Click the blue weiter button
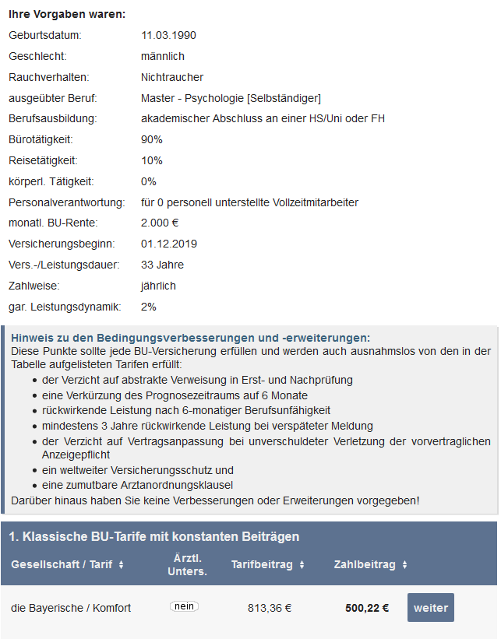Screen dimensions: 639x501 click(430, 608)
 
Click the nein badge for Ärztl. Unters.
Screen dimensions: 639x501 click(184, 606)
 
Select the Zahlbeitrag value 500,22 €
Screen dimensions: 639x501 click(367, 608)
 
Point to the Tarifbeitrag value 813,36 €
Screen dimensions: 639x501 click(270, 608)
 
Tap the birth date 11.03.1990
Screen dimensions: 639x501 click(169, 35)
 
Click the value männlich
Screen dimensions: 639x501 click(163, 56)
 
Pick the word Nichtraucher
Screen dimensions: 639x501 click(172, 77)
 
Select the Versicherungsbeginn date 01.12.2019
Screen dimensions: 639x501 click(169, 244)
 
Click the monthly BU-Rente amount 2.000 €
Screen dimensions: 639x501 click(160, 223)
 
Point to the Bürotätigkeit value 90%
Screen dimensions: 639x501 click(152, 139)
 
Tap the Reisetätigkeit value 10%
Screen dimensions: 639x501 click(152, 160)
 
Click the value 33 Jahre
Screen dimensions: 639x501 click(163, 265)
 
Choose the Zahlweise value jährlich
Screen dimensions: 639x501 click(158, 286)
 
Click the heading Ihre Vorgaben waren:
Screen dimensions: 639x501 click(67, 14)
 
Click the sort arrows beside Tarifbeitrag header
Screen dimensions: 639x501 click(302, 565)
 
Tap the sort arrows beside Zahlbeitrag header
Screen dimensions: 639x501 click(404, 565)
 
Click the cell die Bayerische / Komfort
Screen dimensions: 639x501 click(71, 608)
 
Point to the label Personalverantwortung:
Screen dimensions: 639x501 click(67, 202)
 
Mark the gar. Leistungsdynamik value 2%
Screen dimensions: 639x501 click(149, 307)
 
